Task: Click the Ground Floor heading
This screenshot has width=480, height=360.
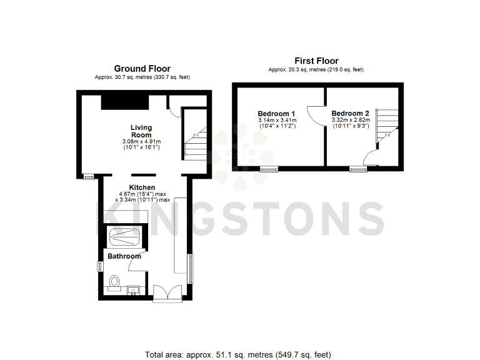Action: (x=142, y=69)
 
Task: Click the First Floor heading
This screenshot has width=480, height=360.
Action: (x=316, y=61)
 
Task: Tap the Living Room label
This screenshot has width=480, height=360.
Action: (x=141, y=131)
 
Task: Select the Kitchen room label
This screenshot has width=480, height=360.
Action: (x=142, y=187)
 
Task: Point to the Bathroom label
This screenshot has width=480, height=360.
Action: (x=124, y=256)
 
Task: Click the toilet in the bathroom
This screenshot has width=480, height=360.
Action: (x=114, y=283)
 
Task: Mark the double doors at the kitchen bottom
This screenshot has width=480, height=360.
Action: (x=167, y=293)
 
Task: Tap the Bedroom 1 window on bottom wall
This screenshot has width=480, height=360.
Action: (x=269, y=169)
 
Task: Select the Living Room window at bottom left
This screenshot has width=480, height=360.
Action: (x=89, y=176)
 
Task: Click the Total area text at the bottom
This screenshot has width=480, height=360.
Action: (x=237, y=354)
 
